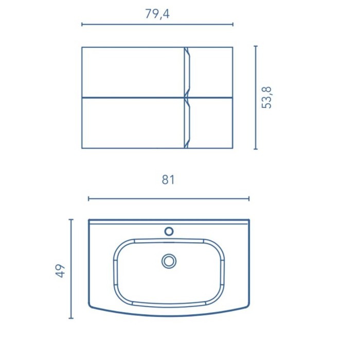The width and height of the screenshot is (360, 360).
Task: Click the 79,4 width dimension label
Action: tap(157, 14)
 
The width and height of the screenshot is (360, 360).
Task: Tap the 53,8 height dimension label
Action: tap(266, 98)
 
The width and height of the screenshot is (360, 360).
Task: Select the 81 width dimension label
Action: tap(168, 179)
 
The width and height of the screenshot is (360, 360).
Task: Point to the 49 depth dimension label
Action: tap(60, 271)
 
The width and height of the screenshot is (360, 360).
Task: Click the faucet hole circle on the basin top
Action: tap(169, 231)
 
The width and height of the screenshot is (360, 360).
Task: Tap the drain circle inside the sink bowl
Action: tap(169, 261)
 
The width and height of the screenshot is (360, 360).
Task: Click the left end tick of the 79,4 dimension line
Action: tap(82, 24)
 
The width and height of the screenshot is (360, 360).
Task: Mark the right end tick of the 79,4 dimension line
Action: tap(233, 24)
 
